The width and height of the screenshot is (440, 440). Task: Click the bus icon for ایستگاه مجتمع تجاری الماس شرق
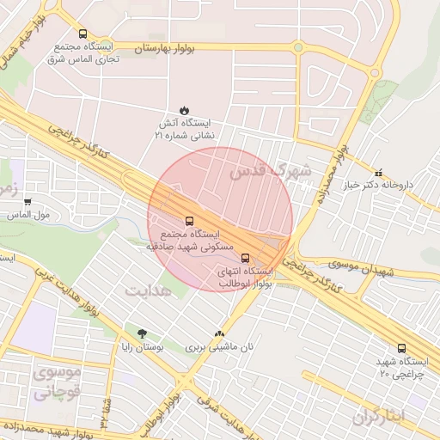(x=82, y=34)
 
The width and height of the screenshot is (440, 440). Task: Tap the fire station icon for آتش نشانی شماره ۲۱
(x=184, y=109)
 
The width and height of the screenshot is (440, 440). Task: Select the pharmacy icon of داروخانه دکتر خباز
(x=380, y=173)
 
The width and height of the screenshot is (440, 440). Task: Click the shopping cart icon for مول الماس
(x=28, y=202)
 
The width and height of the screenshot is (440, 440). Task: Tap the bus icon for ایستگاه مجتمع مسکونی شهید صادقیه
(x=189, y=221)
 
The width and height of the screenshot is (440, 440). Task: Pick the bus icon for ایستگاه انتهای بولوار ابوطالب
(x=246, y=257)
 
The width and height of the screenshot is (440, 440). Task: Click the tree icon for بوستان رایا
(x=142, y=333)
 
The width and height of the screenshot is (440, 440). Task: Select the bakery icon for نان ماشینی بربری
(x=219, y=333)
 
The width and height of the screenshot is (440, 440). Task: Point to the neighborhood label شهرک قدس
(x=270, y=171)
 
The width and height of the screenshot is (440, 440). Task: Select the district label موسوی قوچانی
(x=57, y=383)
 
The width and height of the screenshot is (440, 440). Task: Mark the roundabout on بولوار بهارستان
(x=297, y=47)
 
